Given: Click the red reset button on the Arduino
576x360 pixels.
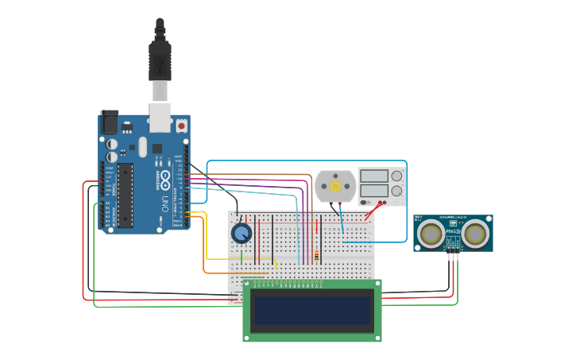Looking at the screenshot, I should coord(181,126).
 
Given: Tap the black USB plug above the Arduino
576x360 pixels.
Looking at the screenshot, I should coord(160,60).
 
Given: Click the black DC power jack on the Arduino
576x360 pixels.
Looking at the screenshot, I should coord(109,122).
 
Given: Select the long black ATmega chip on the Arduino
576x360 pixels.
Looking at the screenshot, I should coord(126,195).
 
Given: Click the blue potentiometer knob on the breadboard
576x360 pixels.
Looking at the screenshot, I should coord(242,233).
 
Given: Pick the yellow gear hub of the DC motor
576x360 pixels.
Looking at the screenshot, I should coord(335,186).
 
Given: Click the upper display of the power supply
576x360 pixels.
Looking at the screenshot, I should coord(373,176).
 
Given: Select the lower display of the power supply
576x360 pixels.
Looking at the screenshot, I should coord(373,191).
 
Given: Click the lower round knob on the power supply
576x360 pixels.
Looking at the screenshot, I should coord(396,191).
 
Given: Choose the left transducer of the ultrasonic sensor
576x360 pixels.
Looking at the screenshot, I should coord(431,233).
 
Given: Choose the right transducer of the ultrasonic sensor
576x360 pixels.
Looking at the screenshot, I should coord(475,233).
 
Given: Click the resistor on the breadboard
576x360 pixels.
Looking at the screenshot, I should coord(317,256).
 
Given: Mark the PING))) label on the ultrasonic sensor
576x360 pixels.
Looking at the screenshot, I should coord(453,231).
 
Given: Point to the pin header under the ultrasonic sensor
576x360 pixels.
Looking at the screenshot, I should coord(453,247).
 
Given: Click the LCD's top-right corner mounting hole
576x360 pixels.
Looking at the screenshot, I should coord(377,284).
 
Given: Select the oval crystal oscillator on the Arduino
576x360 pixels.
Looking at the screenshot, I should coord(142,147).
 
